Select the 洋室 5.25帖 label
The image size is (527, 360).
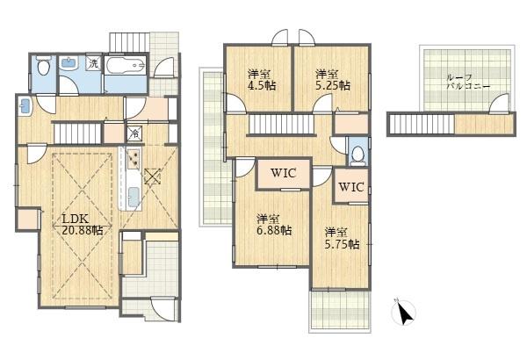click(x=332, y=80)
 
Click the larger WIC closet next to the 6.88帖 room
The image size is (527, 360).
click(x=283, y=173)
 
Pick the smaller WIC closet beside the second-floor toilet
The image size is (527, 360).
click(x=350, y=186)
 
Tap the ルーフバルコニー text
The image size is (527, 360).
click(x=466, y=83)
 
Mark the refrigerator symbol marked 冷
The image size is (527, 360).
click(x=134, y=133)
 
